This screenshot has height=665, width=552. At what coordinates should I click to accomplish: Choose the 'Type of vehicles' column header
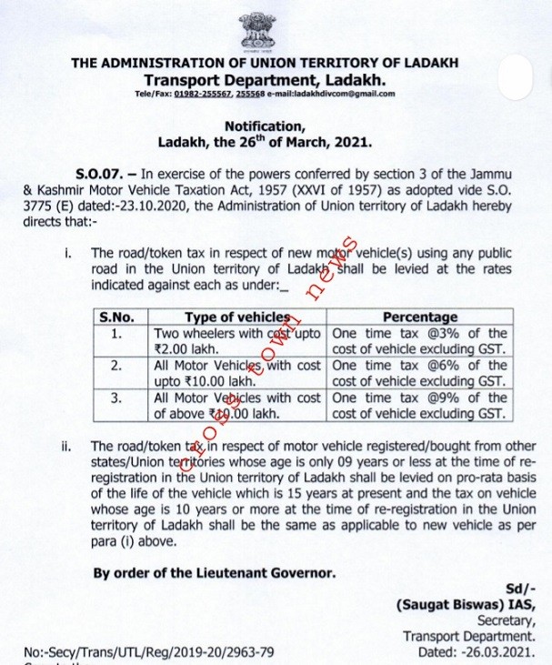pyautogui.click(x=237, y=317)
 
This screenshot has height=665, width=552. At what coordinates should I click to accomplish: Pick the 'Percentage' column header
pyautogui.click(x=420, y=317)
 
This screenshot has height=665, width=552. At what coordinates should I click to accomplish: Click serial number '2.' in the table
pyautogui.click(x=115, y=366)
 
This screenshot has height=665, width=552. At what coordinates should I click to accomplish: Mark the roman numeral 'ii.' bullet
pyautogui.click(x=68, y=446)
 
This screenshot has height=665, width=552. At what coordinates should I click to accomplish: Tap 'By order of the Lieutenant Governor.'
pyautogui.click(x=215, y=573)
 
